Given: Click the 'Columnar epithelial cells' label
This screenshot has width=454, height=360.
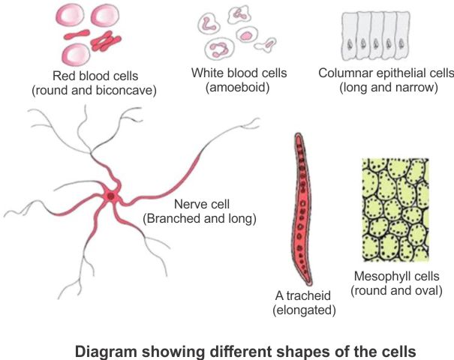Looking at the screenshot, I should coord(386,73).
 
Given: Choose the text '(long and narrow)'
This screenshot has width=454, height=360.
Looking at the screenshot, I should coord(386,88).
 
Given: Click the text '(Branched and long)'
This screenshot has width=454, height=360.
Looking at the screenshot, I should coord(200,219).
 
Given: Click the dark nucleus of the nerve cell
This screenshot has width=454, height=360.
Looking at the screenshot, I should coord(111,196).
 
